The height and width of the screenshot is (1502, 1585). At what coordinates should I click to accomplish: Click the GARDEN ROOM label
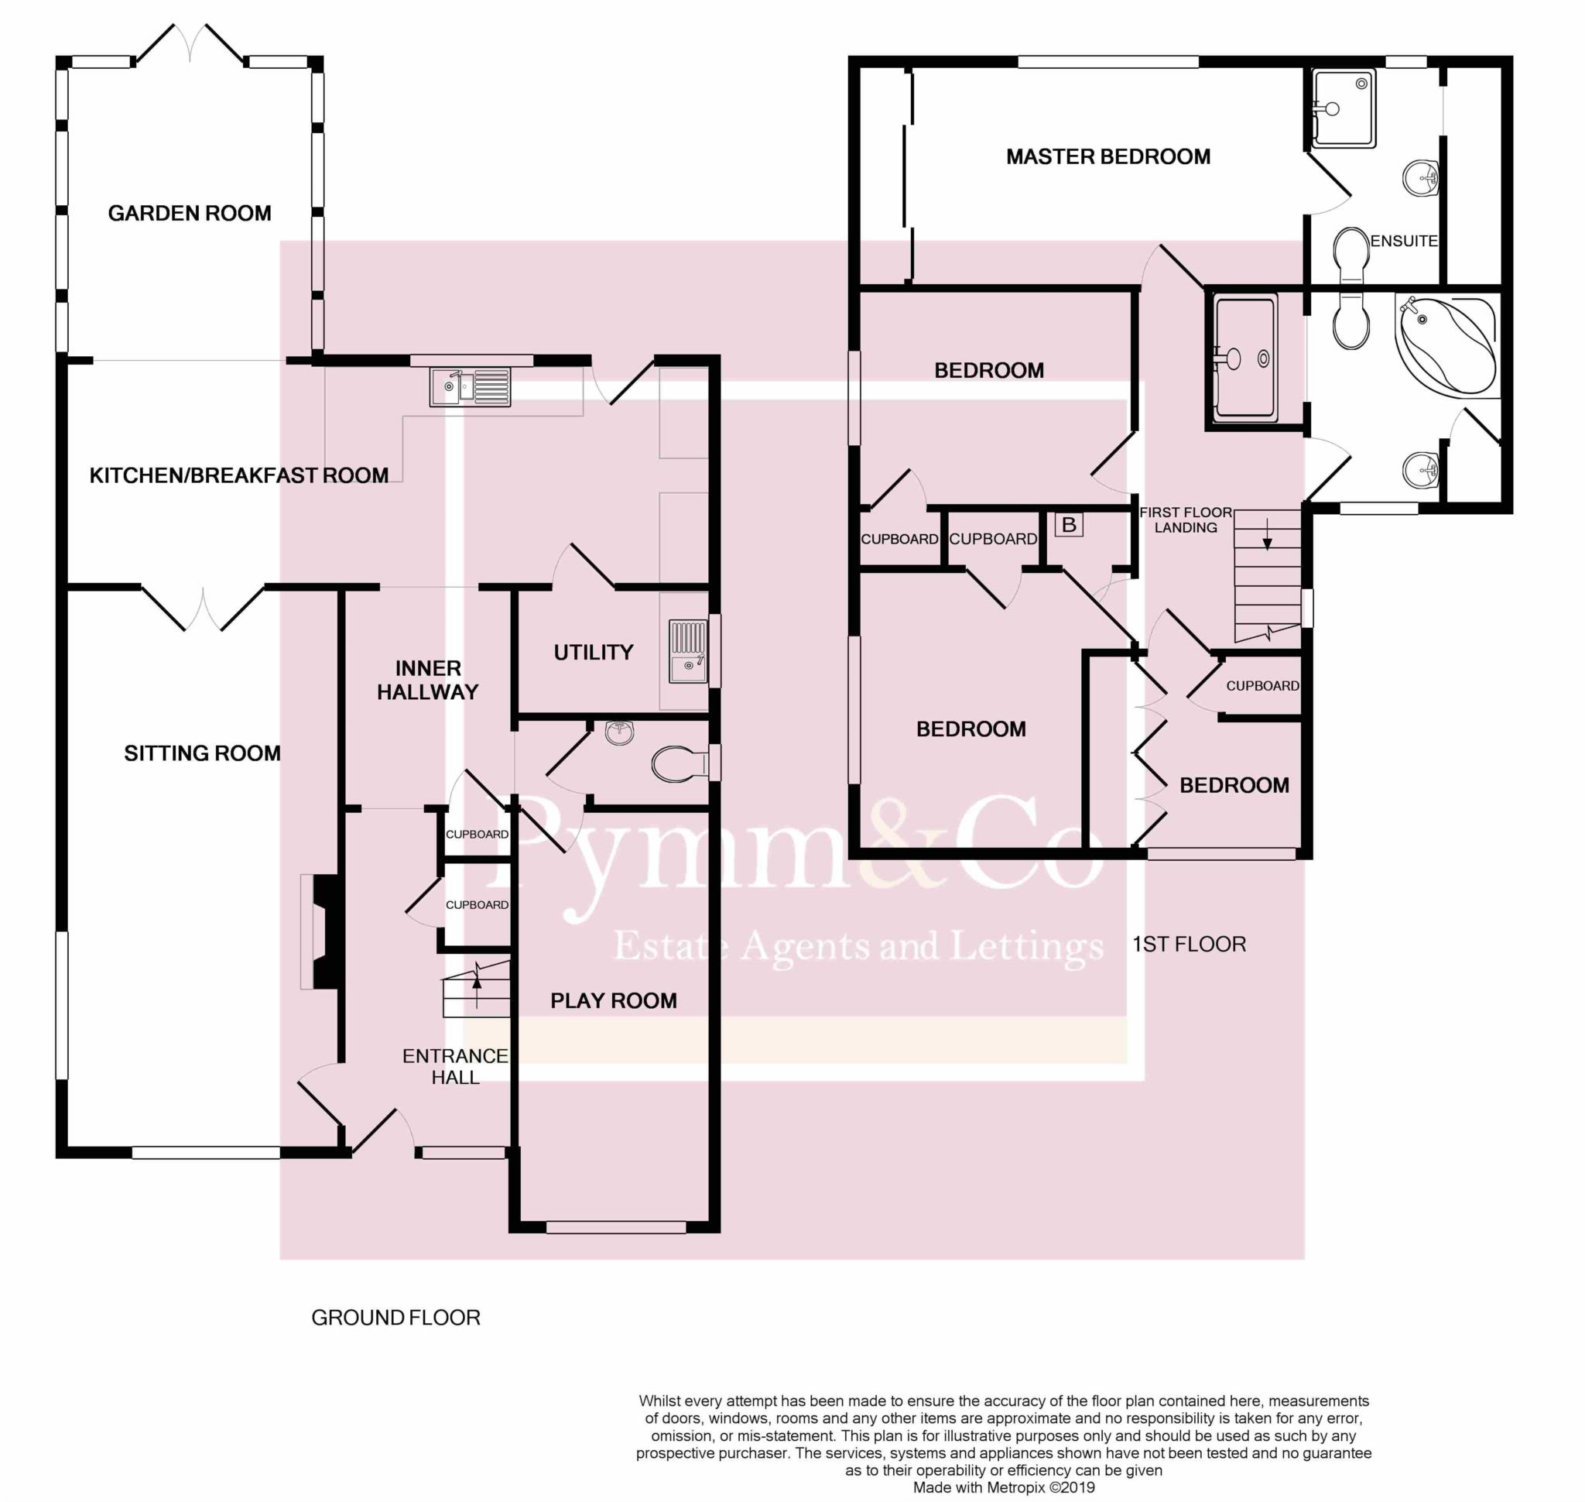190,213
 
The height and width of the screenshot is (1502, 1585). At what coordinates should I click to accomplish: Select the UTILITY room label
593,653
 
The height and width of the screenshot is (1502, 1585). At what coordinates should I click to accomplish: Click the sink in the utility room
689,652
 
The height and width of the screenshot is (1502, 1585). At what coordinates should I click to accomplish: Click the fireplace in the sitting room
320,933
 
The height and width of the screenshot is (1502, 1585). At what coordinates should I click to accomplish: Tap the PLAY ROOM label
613,1001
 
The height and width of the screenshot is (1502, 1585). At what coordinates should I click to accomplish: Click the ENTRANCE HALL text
455,1066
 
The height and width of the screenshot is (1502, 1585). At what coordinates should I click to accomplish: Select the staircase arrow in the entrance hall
477,985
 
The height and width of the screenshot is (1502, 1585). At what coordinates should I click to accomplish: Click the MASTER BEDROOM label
1108,157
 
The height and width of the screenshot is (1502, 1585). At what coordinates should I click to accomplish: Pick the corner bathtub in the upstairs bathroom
1446,345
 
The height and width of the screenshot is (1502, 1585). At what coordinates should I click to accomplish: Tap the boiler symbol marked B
1069,525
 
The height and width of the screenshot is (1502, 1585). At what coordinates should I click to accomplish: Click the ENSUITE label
1403,241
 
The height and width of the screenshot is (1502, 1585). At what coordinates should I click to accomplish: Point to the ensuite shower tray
1344,108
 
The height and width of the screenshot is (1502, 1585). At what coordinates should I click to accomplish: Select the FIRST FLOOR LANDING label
1186,520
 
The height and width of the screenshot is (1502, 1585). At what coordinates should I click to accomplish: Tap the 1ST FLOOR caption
1189,944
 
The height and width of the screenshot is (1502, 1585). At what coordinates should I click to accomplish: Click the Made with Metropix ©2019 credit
1004,1487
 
